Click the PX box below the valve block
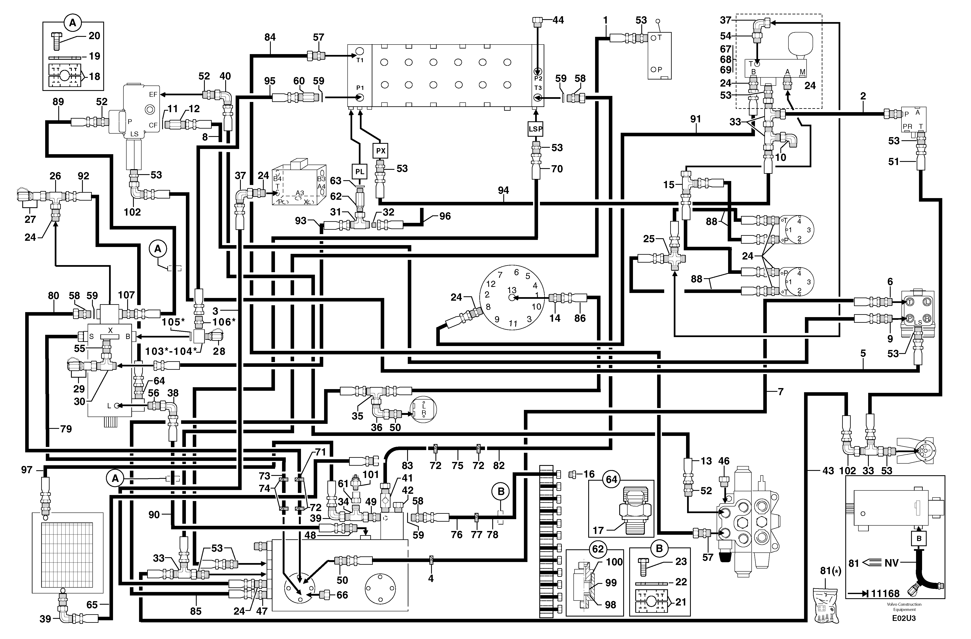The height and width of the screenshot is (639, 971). pos(380,151)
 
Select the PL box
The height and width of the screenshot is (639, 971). pos(359,172)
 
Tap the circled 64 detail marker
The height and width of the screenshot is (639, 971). pos(611,479)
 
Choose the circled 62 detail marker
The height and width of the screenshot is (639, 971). pos(598,549)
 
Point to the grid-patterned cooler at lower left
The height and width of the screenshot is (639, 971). pos(67,553)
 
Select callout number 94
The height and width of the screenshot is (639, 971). pos(504,190)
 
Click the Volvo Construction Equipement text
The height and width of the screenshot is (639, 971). pos(904,607)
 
